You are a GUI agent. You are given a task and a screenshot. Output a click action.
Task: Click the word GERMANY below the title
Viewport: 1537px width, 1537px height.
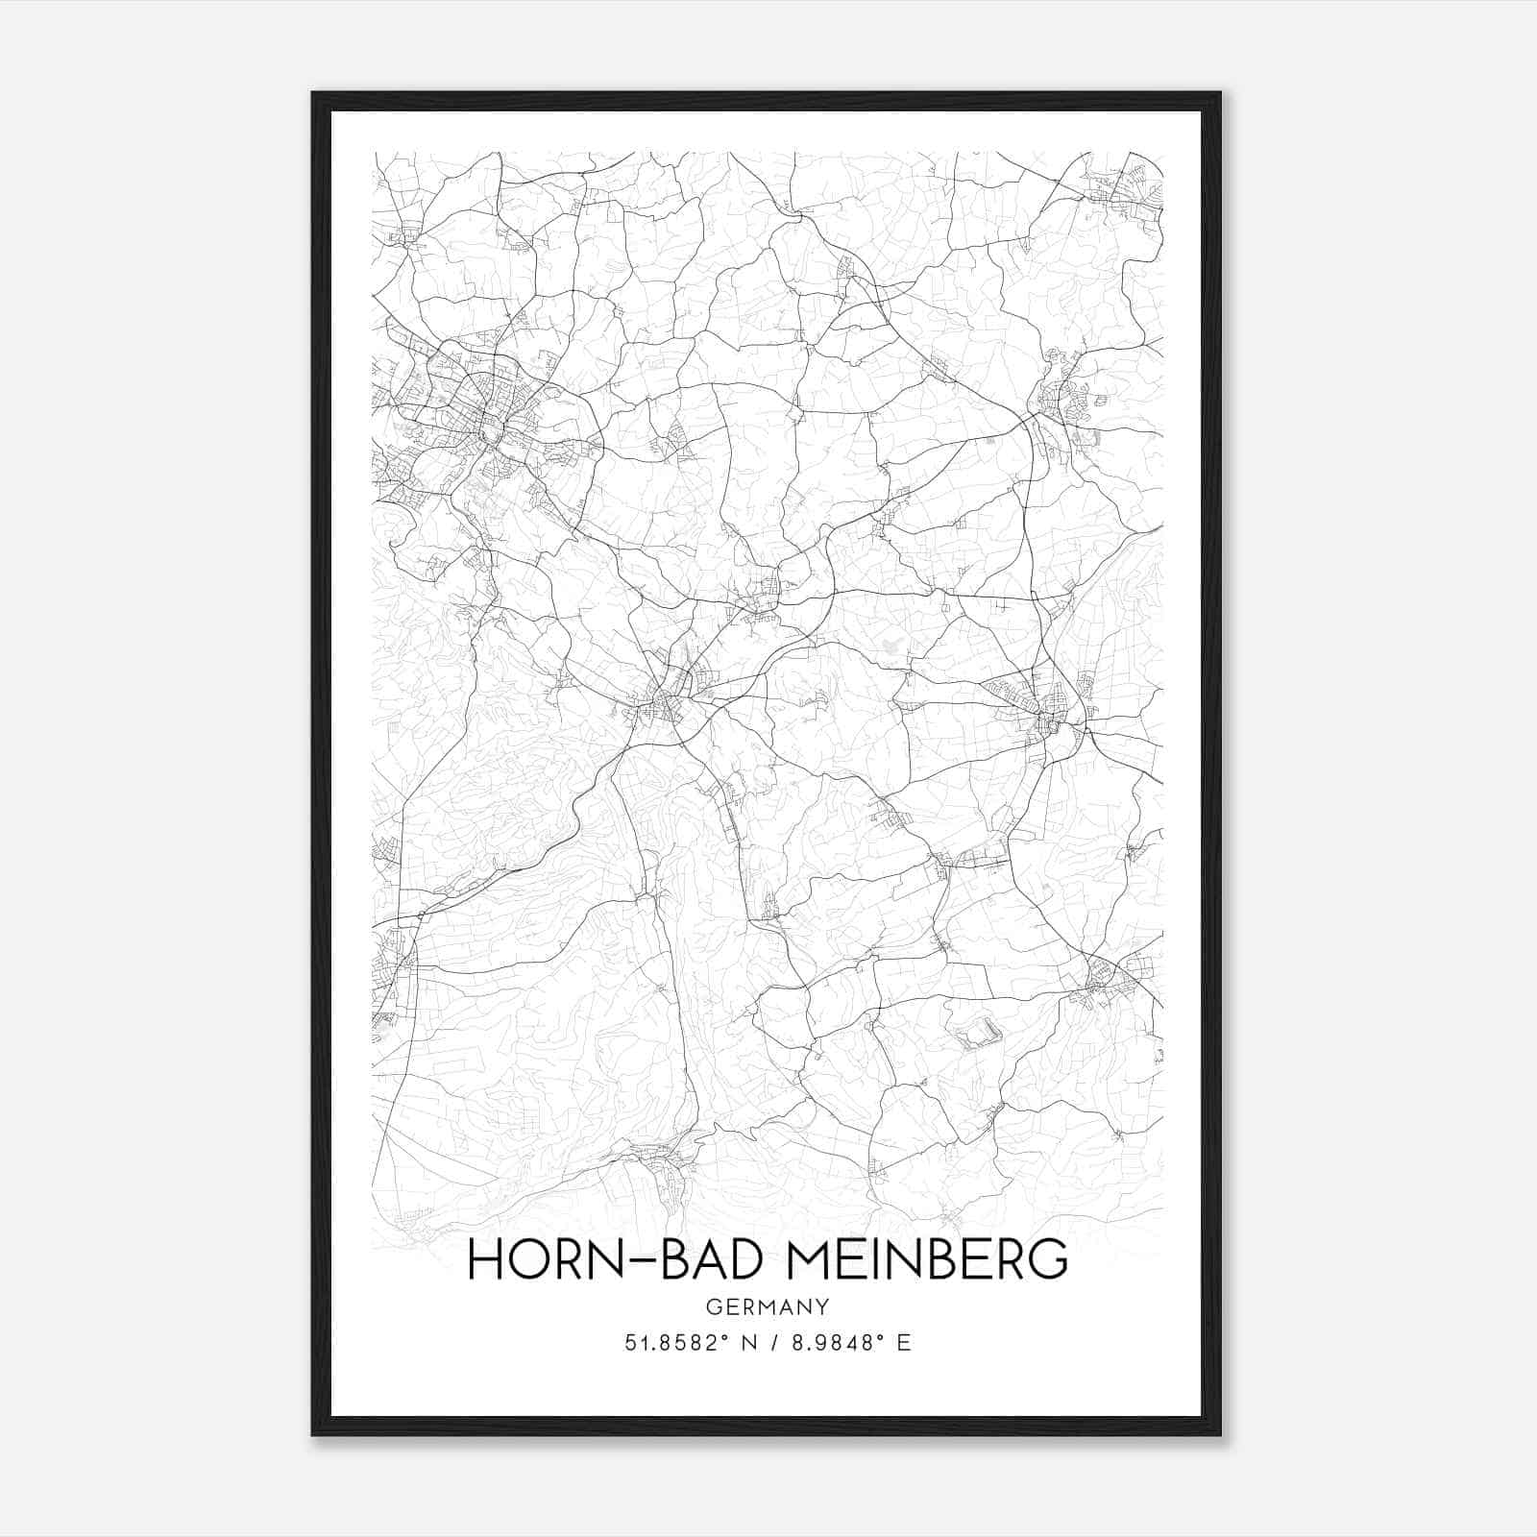[767, 1307]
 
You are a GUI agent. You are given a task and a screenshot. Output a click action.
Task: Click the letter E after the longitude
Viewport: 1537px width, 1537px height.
[903, 1343]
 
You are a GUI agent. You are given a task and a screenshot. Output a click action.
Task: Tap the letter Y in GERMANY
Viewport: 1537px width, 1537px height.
[820, 1307]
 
